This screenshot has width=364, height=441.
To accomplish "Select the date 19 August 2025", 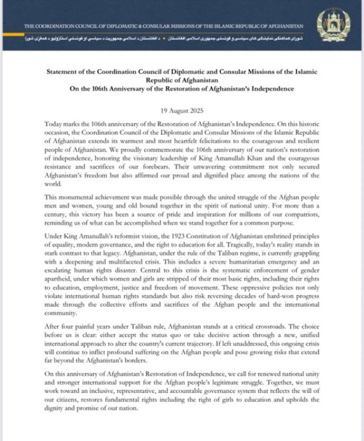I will [x=182, y=112].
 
